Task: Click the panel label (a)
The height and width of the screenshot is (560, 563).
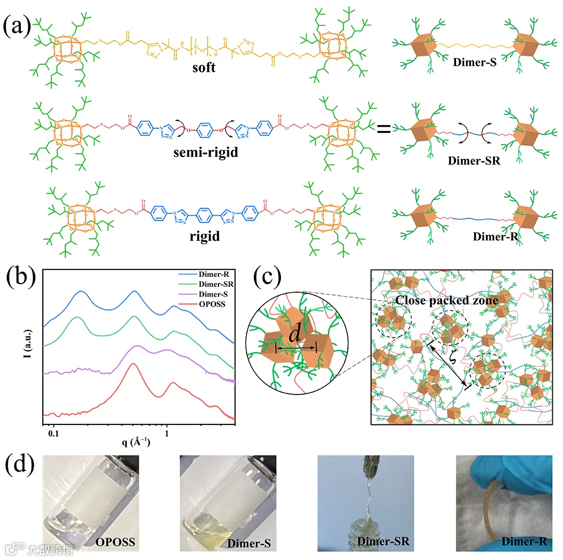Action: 19,26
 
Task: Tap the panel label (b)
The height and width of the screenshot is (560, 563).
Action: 21,277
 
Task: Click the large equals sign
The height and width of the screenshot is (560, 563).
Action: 383,128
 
